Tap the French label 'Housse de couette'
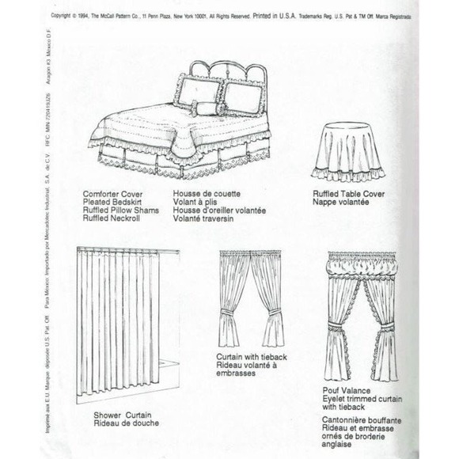[x=205, y=193]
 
